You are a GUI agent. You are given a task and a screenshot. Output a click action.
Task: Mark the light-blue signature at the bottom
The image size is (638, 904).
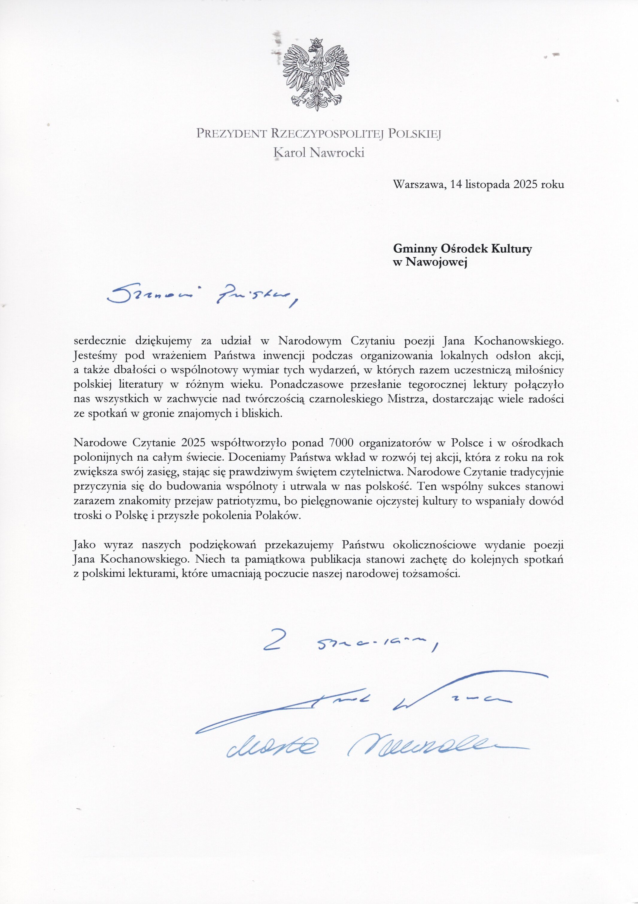pyautogui.click(x=367, y=743)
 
